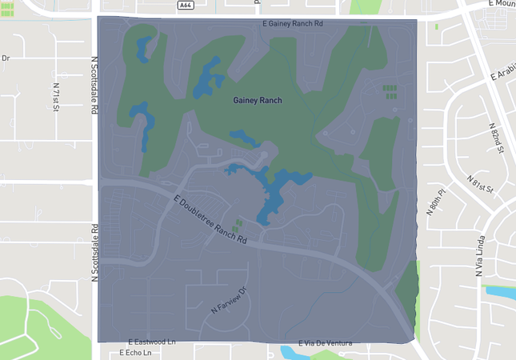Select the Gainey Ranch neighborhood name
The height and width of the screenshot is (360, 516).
point(258,100)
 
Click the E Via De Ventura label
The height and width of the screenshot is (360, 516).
point(325,343)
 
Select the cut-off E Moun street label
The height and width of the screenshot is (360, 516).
point(499,4)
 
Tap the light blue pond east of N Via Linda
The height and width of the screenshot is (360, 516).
point(500,291)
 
